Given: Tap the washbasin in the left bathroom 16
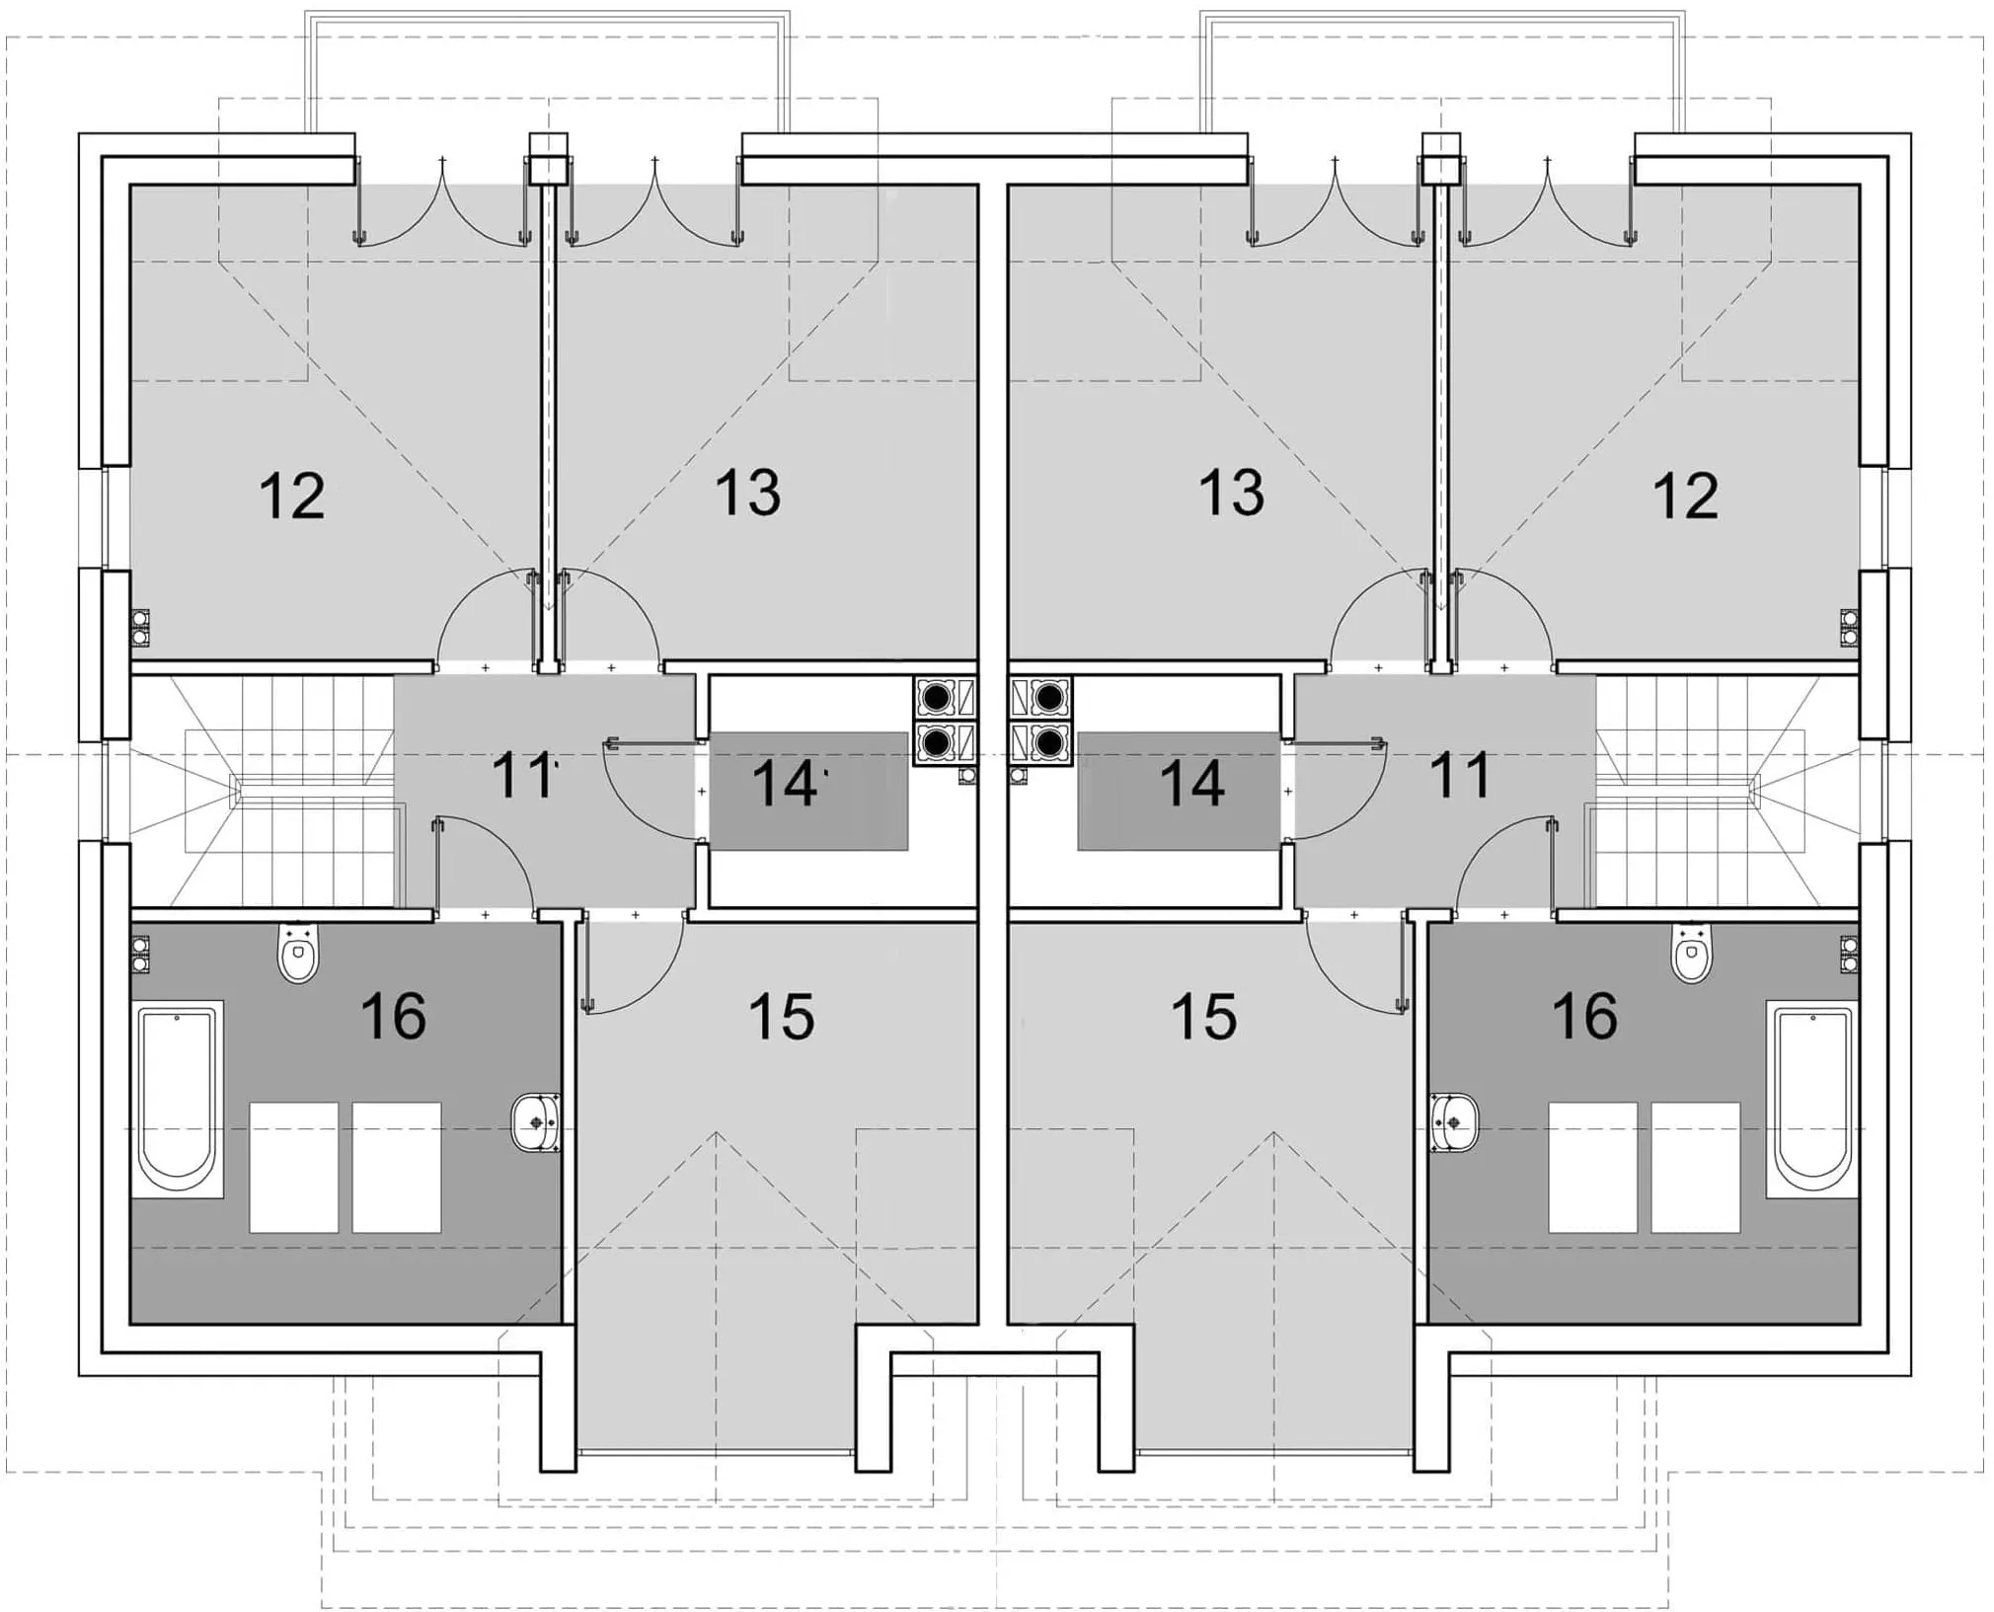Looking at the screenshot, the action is (536, 1122).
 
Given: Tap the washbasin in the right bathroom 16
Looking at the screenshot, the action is (1455, 1122).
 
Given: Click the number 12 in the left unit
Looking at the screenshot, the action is (292, 496).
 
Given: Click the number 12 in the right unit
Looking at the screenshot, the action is (1686, 496).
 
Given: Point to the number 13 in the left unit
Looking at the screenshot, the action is (748, 493).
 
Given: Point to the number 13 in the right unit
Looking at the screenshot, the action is (1232, 493).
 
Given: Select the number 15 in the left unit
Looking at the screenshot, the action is (782, 1017).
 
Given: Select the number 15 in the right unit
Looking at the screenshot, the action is (1204, 1017).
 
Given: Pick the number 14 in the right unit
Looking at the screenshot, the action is (1192, 784).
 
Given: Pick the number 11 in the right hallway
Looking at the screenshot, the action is (1460, 776).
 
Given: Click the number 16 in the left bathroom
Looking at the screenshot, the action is (394, 1016).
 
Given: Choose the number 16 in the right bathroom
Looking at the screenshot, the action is (1585, 1016).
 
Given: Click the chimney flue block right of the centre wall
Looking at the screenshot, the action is (1040, 721).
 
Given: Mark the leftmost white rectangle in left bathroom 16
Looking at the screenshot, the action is (294, 1168).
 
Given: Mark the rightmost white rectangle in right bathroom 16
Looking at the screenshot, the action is (1695, 1168).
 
